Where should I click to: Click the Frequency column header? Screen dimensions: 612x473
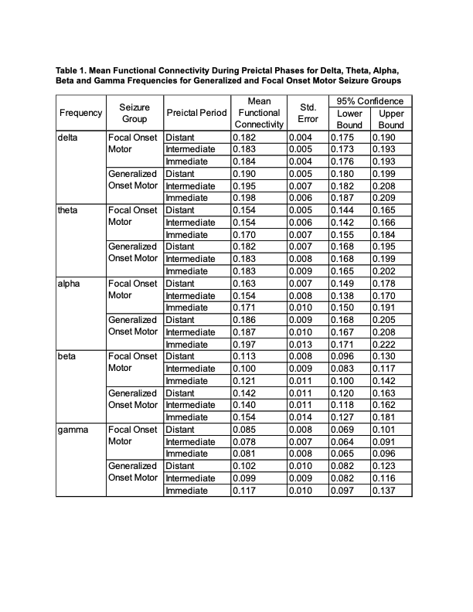[x=80, y=113]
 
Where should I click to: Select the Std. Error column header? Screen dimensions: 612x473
[x=308, y=113]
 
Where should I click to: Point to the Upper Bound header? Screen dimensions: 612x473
[x=392, y=119]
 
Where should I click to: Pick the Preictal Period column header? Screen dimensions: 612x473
[x=197, y=113]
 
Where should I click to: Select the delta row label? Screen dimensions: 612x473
[x=69, y=137]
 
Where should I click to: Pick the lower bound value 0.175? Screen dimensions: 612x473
[x=342, y=137]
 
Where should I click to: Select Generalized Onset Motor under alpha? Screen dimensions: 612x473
[x=133, y=325]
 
